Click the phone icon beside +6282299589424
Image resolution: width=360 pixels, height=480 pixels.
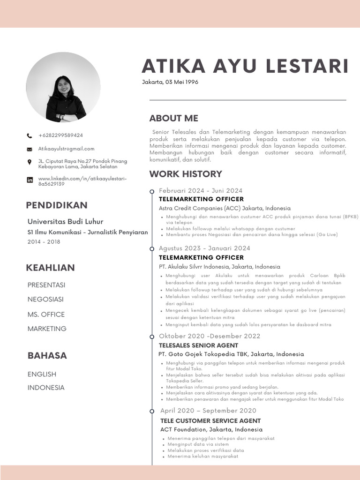click(30, 136)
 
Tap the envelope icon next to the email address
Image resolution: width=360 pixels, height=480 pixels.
click(30, 149)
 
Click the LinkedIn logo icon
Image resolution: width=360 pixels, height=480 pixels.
click(30, 180)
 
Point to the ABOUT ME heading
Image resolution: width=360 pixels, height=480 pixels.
click(173, 118)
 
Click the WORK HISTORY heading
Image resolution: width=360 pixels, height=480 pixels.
click(186, 174)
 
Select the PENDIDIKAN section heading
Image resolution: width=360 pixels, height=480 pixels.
click(56, 205)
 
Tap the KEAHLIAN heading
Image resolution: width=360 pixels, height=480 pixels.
click(50, 268)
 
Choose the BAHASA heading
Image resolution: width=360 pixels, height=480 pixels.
click(47, 355)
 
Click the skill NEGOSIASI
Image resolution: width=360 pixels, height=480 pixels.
click(45, 299)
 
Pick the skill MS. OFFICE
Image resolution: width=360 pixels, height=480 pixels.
click(46, 314)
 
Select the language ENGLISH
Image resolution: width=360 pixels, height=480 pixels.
click(42, 374)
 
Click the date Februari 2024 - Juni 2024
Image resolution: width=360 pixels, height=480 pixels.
click(201, 190)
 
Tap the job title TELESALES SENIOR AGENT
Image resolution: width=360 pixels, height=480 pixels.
click(198, 345)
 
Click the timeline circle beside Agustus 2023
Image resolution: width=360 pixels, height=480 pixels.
click(152, 248)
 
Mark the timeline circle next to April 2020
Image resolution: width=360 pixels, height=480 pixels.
click(152, 411)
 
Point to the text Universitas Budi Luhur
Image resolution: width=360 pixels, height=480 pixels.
click(65, 221)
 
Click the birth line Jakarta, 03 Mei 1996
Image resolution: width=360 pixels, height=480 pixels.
click(170, 82)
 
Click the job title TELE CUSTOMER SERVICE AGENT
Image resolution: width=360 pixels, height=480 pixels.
click(210, 420)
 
